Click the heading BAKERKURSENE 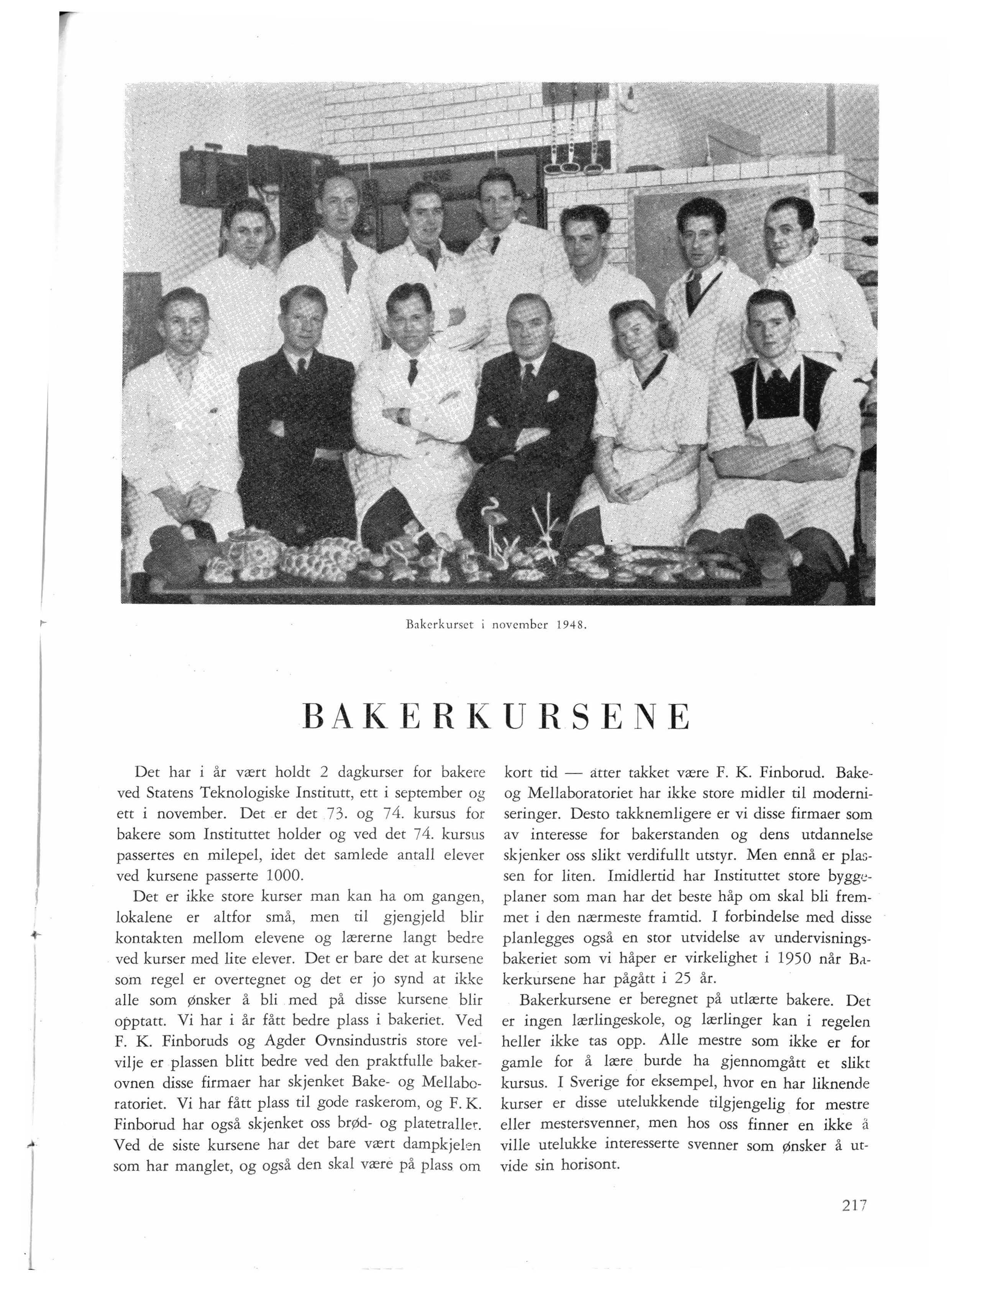click(495, 717)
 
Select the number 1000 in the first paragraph click(285, 875)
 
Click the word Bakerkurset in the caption click(437, 624)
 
